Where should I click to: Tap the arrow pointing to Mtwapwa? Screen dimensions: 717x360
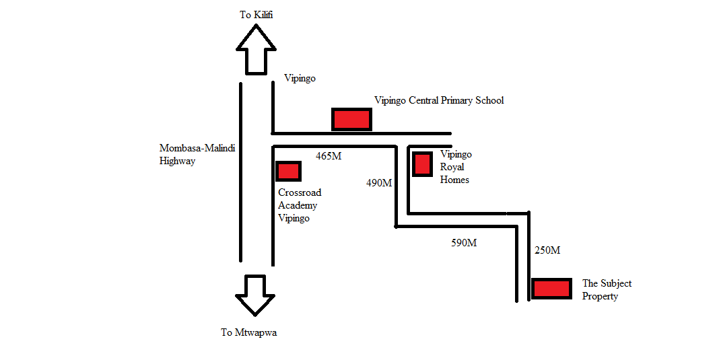coord(255,295)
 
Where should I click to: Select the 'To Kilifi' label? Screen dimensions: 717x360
coord(256,15)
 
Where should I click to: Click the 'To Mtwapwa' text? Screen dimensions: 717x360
coord(248,332)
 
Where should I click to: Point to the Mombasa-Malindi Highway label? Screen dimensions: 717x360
coord(197,154)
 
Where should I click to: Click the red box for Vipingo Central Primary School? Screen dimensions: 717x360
coord(351,119)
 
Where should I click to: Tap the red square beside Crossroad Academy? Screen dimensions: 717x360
coord(289,172)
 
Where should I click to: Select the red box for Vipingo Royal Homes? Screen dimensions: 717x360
coord(422,164)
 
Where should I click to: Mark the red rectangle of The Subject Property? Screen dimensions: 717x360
coord(552,289)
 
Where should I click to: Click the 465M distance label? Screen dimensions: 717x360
coord(329,156)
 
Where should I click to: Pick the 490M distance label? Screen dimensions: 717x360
coord(379,183)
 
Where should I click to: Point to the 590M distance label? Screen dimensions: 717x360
coord(464,243)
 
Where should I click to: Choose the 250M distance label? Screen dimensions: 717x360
coord(547,250)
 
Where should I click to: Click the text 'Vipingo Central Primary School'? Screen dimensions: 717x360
coord(439,100)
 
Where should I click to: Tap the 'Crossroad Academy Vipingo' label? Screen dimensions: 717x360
coord(300,205)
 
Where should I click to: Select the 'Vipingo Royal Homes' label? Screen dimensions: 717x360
coord(456,167)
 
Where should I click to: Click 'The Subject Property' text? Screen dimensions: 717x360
coord(607,289)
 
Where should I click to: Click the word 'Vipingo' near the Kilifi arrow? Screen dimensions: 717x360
coord(300,78)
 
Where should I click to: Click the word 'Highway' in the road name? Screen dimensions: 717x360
coord(178,161)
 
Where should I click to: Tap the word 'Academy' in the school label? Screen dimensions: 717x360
coord(298,206)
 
